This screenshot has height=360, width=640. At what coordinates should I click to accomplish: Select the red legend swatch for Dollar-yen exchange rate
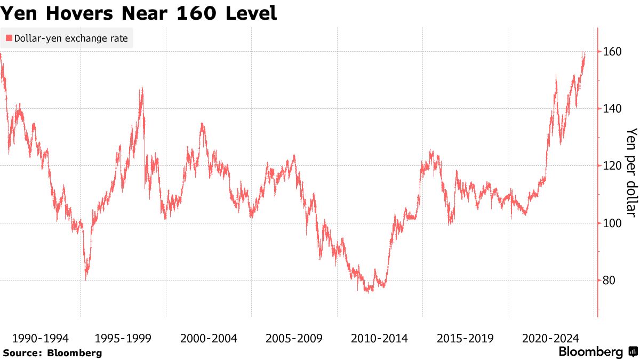click(9, 38)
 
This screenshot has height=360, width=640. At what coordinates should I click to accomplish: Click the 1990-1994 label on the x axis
click(40, 338)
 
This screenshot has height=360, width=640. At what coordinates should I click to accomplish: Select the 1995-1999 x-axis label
click(123, 338)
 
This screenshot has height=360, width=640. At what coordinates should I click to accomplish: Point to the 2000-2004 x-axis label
click(209, 338)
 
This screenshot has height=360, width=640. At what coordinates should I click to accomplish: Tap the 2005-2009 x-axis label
click(294, 338)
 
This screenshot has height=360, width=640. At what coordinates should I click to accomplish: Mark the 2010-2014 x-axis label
click(379, 338)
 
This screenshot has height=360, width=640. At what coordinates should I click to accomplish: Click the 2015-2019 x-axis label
click(465, 338)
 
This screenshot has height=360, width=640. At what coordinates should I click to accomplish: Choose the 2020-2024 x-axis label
click(550, 338)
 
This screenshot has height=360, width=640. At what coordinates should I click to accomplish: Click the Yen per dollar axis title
click(631, 172)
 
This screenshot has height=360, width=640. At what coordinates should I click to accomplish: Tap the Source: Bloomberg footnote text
click(52, 353)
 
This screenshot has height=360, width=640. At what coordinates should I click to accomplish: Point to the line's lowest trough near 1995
click(86, 278)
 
